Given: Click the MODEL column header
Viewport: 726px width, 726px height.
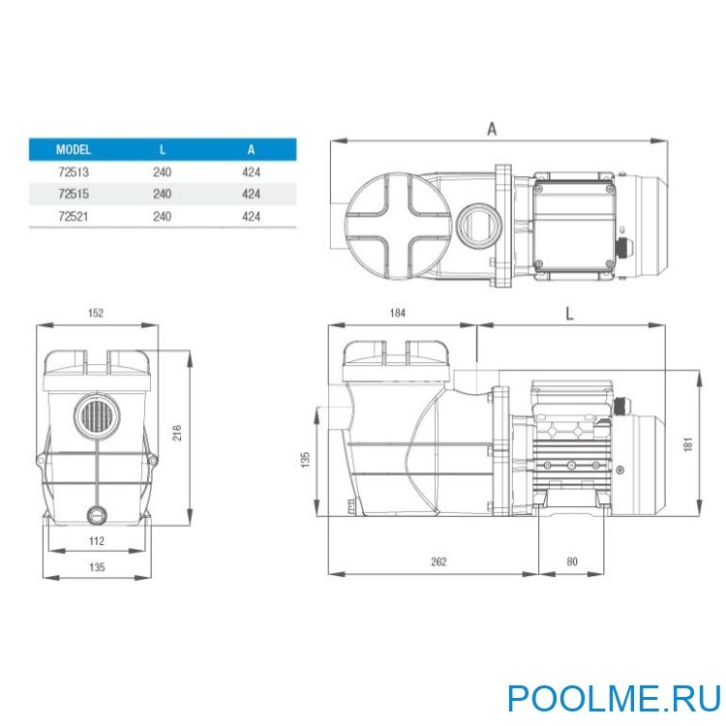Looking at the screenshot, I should click(74, 150).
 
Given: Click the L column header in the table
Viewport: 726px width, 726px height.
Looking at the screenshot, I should click(162, 150).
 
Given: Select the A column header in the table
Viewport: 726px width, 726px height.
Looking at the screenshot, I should click(251, 150).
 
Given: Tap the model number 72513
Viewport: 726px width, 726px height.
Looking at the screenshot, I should click(74, 172).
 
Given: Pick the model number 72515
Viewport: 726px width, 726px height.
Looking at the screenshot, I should click(74, 194).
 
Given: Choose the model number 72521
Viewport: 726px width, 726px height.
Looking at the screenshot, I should click(74, 216).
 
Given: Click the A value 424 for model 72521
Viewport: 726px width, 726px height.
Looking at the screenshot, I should click(251, 216).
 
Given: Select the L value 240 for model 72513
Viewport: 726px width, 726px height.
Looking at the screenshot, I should click(162, 172).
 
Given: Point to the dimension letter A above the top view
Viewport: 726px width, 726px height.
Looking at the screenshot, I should click(492, 128).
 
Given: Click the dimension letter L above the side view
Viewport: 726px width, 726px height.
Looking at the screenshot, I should click(569, 314).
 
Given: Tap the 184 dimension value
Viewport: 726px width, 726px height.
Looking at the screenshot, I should click(398, 314).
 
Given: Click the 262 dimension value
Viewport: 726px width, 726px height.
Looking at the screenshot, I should click(439, 560).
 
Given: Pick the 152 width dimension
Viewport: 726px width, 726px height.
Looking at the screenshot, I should click(95, 314).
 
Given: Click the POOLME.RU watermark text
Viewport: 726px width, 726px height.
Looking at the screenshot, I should click(614, 697).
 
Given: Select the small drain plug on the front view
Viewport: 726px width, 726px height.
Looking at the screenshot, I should click(96, 513).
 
